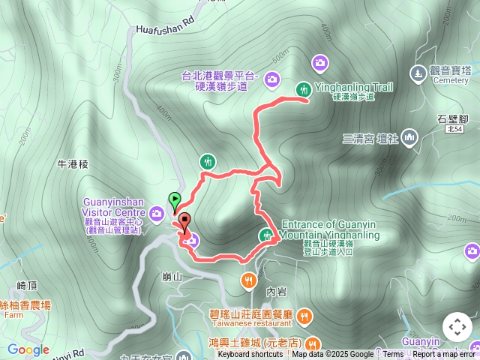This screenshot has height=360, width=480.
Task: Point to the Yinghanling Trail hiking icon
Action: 304,88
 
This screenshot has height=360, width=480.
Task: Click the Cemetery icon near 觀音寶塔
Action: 418,73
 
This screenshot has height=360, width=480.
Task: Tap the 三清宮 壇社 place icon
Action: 409,137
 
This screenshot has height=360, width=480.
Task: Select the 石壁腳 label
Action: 452,119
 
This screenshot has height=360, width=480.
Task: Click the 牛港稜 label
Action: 73,163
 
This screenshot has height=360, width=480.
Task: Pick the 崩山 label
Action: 172,277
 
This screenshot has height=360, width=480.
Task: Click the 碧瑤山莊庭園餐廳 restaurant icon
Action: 304,316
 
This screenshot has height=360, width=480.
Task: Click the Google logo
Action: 28,349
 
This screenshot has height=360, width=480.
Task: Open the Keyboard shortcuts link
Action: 250,355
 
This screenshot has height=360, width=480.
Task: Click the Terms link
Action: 393,355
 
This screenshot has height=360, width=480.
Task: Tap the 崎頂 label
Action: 27,286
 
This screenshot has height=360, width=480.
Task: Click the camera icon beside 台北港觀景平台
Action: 271,77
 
